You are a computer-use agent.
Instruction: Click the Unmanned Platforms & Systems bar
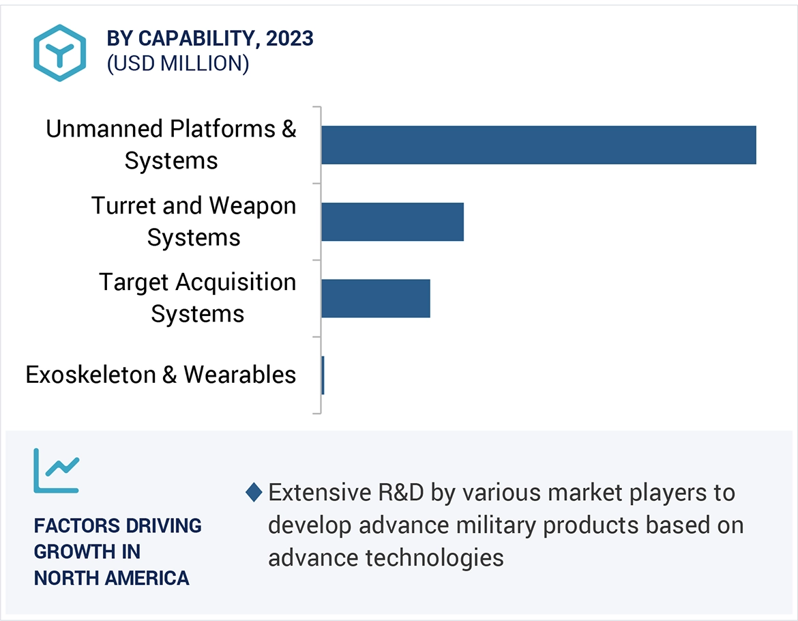coord(538,145)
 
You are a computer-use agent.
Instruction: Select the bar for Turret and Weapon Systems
coord(392,222)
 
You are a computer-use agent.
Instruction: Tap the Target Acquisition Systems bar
coord(375,298)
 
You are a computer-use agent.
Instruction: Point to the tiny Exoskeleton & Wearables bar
coord(323,375)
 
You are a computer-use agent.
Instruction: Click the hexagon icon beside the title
coord(60,53)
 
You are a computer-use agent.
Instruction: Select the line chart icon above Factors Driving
coord(57,470)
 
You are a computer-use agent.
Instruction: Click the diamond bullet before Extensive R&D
coord(254,492)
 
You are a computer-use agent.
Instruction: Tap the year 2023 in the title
coord(290,39)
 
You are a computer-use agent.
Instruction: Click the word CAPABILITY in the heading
coord(197,39)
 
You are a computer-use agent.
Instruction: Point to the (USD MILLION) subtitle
coord(177,63)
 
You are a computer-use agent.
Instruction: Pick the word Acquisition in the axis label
coord(236,282)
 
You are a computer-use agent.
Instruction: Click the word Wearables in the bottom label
coord(239,375)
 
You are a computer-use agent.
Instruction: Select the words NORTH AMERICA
coord(112,578)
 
